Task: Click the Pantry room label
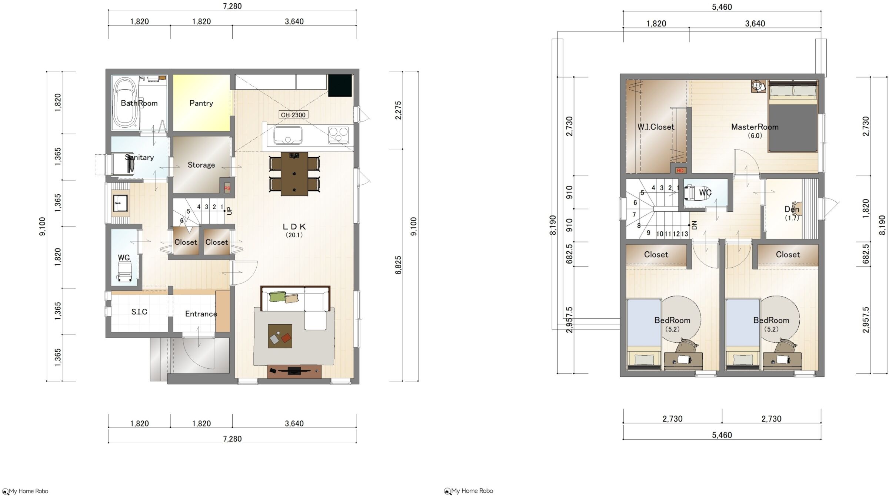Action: tap(201, 103)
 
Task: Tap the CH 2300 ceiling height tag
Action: tap(293, 115)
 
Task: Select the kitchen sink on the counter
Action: tap(288, 135)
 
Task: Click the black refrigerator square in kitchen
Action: tap(340, 86)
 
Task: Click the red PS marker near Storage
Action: tap(227, 188)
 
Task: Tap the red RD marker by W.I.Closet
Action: tap(680, 171)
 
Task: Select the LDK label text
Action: tap(294, 227)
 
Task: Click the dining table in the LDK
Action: tap(294, 174)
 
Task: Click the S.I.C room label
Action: tap(139, 312)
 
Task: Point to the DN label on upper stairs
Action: tap(695, 225)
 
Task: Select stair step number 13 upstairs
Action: tap(684, 234)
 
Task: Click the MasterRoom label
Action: tap(755, 127)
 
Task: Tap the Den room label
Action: tap(792, 210)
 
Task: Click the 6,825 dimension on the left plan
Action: tap(398, 265)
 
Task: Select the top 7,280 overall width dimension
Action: tap(233, 6)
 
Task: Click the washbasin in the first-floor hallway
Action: tap(120, 203)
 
